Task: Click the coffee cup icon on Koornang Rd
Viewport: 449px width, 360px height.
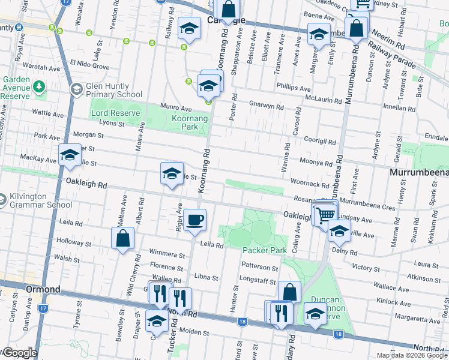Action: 194,220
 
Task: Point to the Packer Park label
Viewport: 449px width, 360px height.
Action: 264,249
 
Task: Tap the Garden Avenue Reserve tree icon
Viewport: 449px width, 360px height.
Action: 40,87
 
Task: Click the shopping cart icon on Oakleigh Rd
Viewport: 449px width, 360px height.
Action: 326,213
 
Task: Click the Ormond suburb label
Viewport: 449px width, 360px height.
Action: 43,289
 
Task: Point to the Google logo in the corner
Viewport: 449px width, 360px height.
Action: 19,353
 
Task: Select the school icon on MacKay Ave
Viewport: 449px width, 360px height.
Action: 70,155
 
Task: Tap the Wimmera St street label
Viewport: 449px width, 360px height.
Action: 167,255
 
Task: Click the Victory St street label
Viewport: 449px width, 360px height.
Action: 363,267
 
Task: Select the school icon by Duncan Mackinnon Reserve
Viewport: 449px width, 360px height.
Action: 316,313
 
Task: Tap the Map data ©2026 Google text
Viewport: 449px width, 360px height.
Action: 411,355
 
